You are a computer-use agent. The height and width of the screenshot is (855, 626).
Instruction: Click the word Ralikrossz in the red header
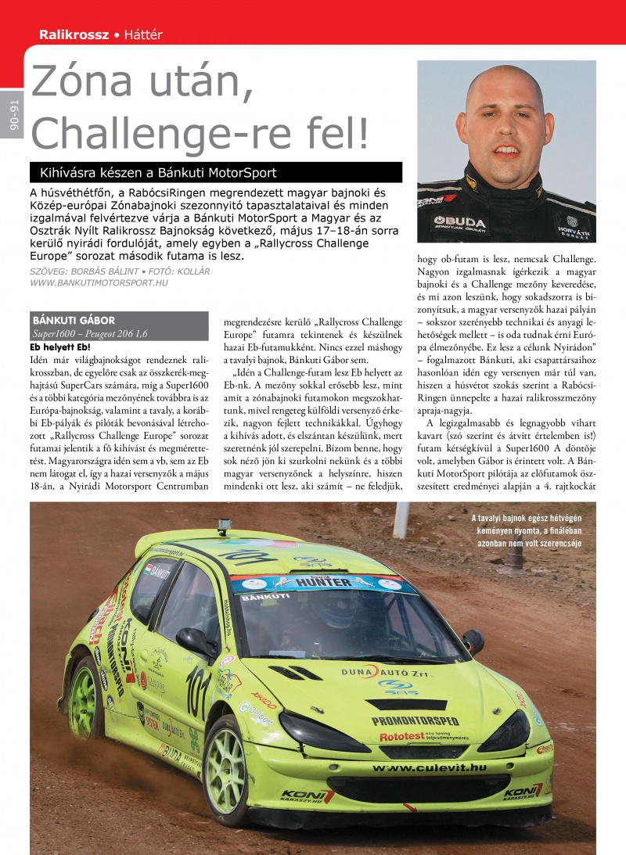[x=74, y=35]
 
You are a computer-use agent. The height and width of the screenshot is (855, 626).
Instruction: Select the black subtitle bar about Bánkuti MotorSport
[x=215, y=173]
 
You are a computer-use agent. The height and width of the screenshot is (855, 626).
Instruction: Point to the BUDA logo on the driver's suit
[x=462, y=221]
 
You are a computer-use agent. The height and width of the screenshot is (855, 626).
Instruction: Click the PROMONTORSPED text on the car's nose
[x=415, y=720]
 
